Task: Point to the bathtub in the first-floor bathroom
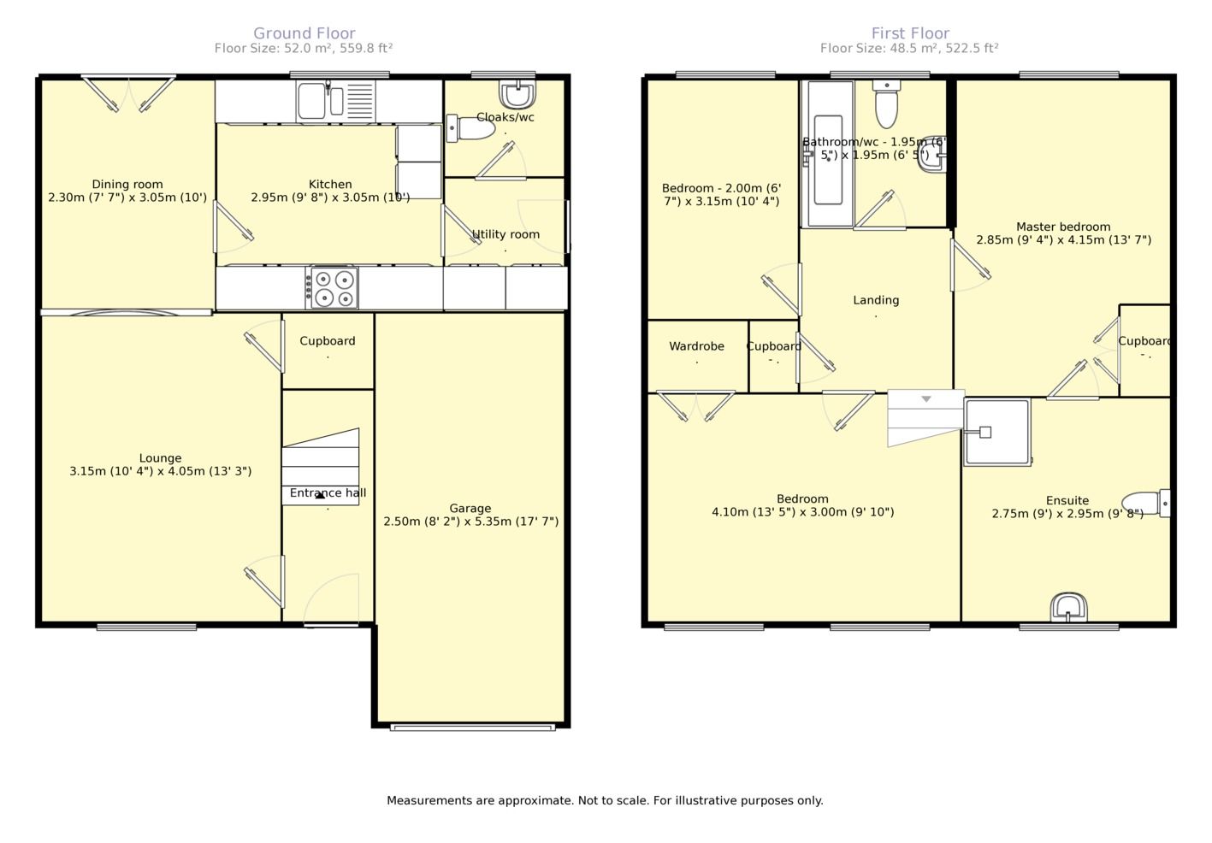click(828, 154)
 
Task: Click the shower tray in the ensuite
click(996, 432)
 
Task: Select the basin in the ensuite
click(1068, 607)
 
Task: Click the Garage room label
click(470, 508)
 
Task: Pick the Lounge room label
click(160, 458)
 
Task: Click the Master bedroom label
click(1063, 227)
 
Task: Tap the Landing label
click(876, 300)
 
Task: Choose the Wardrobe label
click(696, 346)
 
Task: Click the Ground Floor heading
click(304, 33)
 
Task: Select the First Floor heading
click(910, 33)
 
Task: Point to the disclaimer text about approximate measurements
click(605, 801)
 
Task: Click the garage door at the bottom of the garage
click(473, 728)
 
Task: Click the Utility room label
click(505, 234)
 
